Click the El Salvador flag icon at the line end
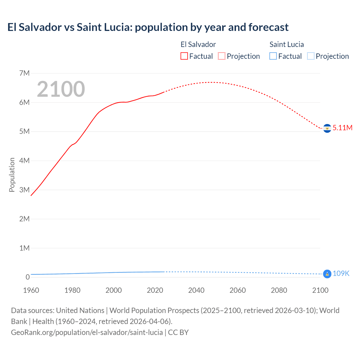point(327,128)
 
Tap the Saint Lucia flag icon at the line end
point(327,274)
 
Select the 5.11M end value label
point(342,128)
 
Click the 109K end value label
point(341,273)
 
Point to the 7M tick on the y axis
point(24,73)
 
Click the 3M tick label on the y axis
point(24,190)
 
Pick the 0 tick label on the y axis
point(28,277)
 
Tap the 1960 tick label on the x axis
point(31,290)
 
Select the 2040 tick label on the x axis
point(196,290)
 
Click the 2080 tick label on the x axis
point(279,290)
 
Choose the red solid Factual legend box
point(184,56)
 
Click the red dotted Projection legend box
point(222,56)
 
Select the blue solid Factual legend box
point(273,56)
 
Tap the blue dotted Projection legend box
point(311,56)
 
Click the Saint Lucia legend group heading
point(287,44)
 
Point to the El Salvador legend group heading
point(198,44)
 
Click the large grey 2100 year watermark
point(61,89)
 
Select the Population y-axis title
point(12,175)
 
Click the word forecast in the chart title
point(268,27)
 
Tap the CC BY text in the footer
point(178,332)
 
